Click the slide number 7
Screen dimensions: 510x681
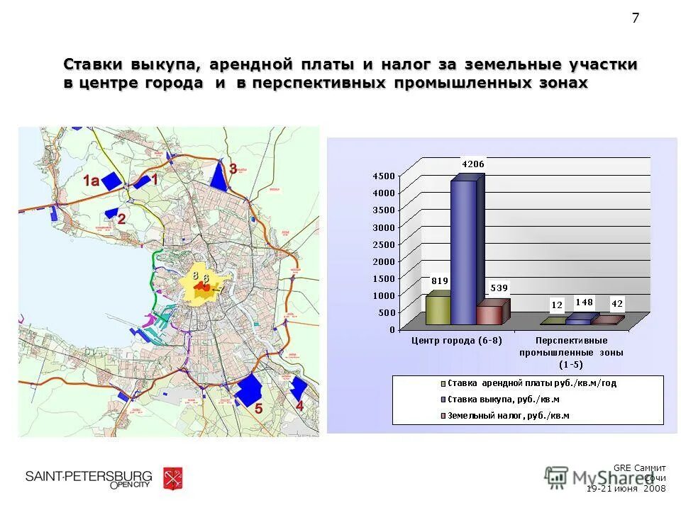(635, 18)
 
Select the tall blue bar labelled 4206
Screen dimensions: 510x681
(464, 251)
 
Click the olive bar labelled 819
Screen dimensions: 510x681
(437, 310)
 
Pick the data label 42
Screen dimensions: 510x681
(617, 304)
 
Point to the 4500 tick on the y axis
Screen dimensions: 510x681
(384, 176)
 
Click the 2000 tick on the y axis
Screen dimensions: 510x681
(384, 261)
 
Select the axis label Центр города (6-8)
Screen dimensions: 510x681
(457, 341)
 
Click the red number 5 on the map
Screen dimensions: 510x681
(259, 409)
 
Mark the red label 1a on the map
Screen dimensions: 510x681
(91, 181)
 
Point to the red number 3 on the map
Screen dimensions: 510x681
(233, 169)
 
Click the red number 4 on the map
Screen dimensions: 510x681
(300, 406)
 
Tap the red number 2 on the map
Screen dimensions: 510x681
(122, 219)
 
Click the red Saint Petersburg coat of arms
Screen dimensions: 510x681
(172, 479)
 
